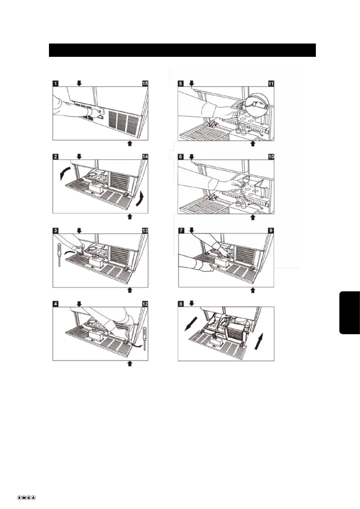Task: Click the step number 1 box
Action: [x=55, y=83]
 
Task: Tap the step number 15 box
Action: [x=145, y=83]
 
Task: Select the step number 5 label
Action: [x=180, y=83]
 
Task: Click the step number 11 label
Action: [x=271, y=83]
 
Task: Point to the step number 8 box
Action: [x=181, y=304]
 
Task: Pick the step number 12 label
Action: [x=145, y=304]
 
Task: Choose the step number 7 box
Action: [x=181, y=231]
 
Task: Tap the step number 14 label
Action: [x=145, y=157]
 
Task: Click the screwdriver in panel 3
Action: [x=59, y=255]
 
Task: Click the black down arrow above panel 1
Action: [x=79, y=83]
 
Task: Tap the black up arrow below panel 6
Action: [x=253, y=217]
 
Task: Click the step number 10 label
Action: [x=271, y=157]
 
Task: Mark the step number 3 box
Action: [x=55, y=231]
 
